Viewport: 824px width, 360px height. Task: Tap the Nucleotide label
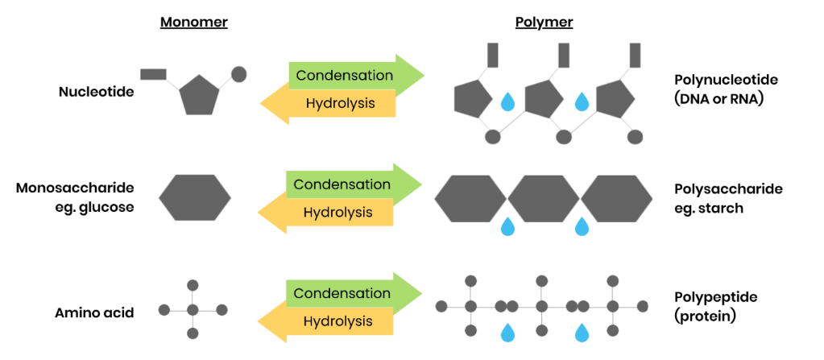pos(97,92)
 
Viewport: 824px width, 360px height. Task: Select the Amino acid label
pos(94,313)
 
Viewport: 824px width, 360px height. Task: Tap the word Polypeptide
pos(716,297)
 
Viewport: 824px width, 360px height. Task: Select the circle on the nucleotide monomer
pos(238,74)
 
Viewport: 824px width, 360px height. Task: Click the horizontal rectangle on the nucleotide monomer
pos(154,74)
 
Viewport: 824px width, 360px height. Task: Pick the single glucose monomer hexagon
pos(194,197)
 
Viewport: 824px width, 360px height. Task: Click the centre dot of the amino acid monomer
pos(193,310)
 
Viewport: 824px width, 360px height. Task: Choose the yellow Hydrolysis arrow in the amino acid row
pos(326,321)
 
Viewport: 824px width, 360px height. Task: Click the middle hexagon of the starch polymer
pos(544,197)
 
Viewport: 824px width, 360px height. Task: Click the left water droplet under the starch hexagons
pos(507,226)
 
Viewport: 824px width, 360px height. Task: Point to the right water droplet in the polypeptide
pos(582,332)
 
